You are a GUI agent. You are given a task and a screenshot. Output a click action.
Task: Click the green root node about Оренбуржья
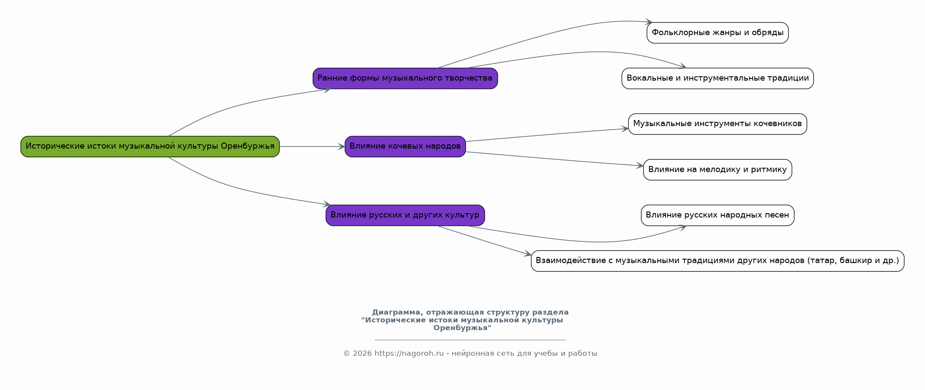(x=150, y=146)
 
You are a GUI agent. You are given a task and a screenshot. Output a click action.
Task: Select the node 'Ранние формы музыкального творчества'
(x=405, y=78)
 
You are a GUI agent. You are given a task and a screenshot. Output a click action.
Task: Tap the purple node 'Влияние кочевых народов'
(x=405, y=146)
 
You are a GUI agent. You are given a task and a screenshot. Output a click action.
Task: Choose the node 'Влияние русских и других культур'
(x=405, y=215)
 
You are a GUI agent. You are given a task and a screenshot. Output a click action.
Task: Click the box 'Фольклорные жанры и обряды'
(x=718, y=33)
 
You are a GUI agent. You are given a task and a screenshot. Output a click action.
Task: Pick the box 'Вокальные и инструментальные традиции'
(x=718, y=78)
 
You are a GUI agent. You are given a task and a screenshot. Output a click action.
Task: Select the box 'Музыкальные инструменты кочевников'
(x=718, y=124)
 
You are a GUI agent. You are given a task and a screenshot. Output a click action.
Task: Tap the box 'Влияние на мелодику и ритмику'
(x=718, y=170)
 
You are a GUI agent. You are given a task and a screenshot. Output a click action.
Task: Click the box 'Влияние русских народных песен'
(x=718, y=215)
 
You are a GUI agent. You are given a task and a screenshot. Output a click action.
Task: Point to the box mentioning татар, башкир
(x=718, y=261)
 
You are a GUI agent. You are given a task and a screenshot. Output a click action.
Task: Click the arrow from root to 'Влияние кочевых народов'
(x=312, y=146)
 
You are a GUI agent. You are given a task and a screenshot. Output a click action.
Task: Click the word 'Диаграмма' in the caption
(x=396, y=312)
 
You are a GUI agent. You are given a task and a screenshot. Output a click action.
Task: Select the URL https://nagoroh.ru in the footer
(x=409, y=354)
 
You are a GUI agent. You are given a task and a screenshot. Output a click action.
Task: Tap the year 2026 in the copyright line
(x=362, y=354)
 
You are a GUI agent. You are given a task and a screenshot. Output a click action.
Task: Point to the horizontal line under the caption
(x=470, y=340)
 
